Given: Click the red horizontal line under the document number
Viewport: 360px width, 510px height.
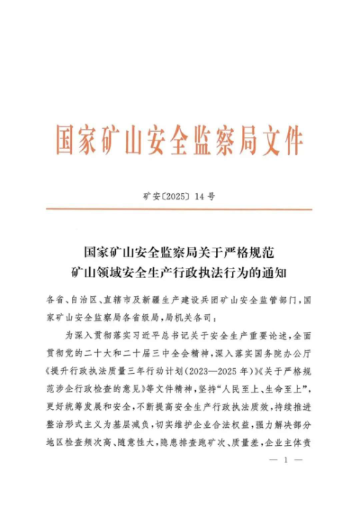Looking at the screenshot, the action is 180,209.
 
